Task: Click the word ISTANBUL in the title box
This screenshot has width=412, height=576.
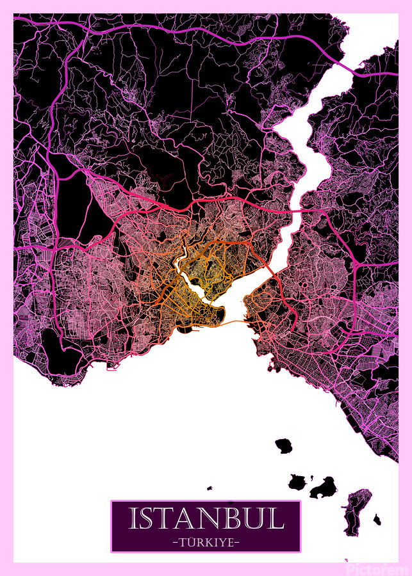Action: click(x=206, y=518)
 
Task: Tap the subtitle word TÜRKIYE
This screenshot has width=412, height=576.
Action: click(x=206, y=543)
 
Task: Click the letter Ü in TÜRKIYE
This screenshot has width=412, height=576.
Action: click(x=189, y=543)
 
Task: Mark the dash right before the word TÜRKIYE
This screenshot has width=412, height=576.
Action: click(x=176, y=543)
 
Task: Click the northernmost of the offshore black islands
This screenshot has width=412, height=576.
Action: click(x=283, y=445)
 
